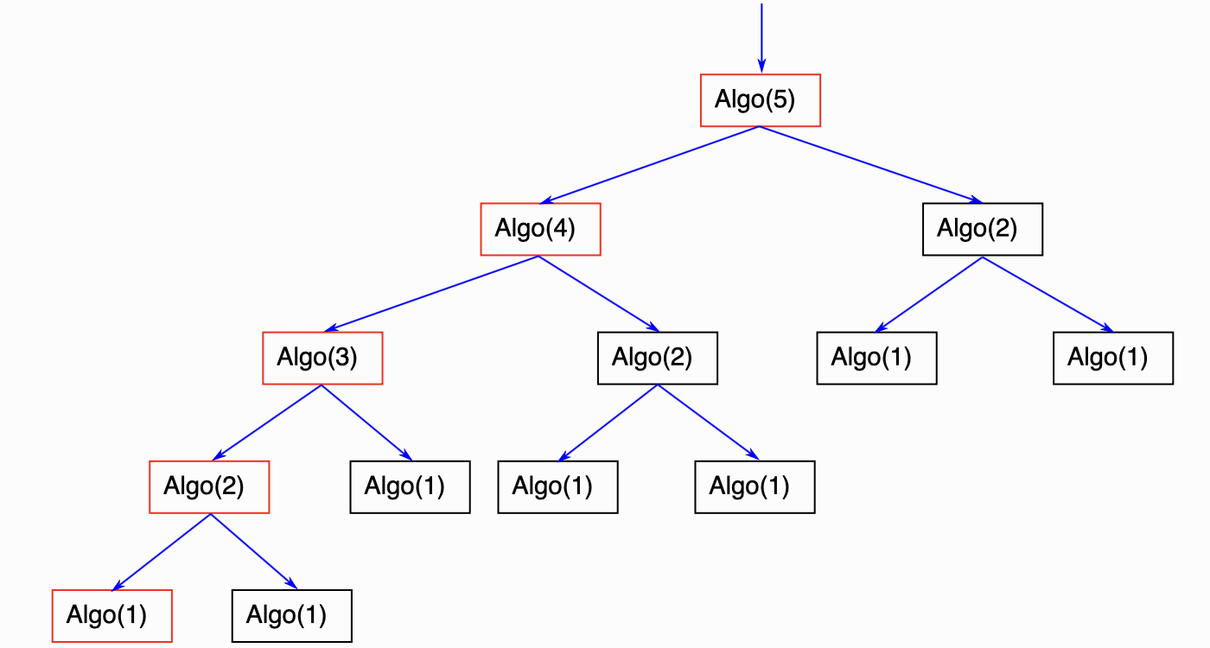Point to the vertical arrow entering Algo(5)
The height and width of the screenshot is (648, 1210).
761,38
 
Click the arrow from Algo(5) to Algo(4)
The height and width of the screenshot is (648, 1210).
649,165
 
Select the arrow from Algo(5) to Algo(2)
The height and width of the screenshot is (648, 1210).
871,165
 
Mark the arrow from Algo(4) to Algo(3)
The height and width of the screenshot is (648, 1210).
431,294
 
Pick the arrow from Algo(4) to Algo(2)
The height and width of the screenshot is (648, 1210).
598,294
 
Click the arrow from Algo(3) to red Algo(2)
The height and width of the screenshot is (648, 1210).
267,422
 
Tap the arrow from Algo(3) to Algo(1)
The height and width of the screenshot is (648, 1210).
366,422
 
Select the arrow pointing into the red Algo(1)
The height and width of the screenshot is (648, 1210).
161,552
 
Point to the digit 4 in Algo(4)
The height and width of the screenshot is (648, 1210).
561,228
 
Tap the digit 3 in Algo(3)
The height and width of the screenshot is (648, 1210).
343,357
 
